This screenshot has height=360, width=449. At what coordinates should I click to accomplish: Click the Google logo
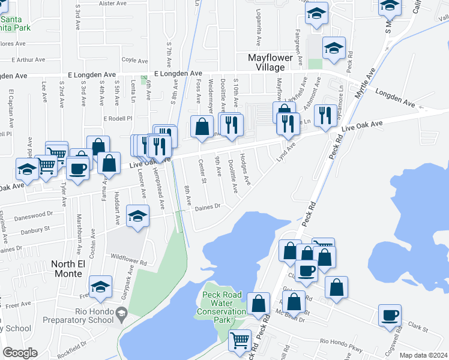pyautogui.click(x=20, y=353)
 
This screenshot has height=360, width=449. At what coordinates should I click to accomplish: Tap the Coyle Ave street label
pyautogui.click(x=134, y=61)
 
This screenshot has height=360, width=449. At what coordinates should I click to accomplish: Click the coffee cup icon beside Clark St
pyautogui.click(x=390, y=315)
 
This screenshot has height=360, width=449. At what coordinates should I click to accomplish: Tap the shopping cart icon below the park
pyautogui.click(x=240, y=340)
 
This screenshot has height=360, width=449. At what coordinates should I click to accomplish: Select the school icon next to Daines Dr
pyautogui.click(x=137, y=216)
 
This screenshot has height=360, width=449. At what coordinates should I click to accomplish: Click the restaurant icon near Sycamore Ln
pyautogui.click(x=325, y=115)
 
